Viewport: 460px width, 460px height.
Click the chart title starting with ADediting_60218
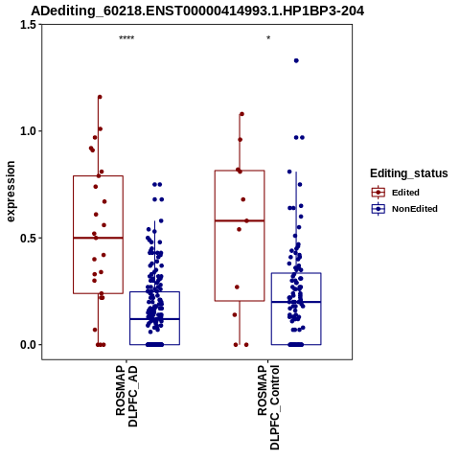click(197, 11)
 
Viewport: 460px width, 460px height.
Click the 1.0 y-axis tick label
click(29, 131)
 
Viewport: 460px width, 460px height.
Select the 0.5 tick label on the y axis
click(29, 238)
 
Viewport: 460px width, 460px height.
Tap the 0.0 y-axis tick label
click(29, 345)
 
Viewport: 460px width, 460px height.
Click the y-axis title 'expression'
click(11, 192)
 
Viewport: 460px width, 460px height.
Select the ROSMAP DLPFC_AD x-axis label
click(126, 396)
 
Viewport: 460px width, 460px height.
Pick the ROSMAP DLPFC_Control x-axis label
click(268, 407)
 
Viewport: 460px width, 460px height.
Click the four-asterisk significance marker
click(126, 38)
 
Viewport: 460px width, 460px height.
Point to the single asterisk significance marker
click(268, 38)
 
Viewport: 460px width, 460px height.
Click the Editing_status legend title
click(409, 173)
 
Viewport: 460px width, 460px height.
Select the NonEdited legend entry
click(404, 209)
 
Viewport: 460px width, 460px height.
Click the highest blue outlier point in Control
click(296, 60)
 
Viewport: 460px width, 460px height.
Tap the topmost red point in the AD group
click(100, 97)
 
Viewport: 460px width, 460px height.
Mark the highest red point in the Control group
click(241, 114)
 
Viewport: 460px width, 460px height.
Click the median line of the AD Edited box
click(99, 238)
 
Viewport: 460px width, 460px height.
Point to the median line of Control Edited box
click(240, 220)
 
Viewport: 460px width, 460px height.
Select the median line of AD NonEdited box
click(154, 319)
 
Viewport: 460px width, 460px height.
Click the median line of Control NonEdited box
click(296, 302)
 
